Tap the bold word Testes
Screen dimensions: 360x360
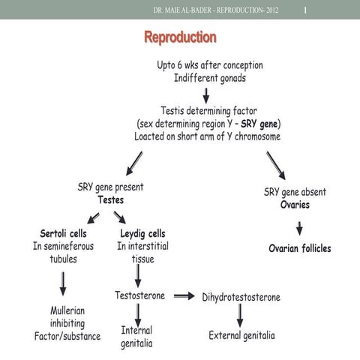pos(110,200)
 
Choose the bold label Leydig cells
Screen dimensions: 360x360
pos(142,232)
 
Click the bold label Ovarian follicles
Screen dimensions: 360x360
pos(300,248)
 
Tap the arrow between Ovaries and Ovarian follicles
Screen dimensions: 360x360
pos(299,227)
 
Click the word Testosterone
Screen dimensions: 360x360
pos(139,295)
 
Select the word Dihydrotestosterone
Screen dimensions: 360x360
pos(241,297)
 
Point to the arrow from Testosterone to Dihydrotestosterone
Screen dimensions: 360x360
pos(183,296)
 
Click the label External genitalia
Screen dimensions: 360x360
pos(241,335)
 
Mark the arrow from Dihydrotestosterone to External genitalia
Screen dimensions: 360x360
pos(240,316)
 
